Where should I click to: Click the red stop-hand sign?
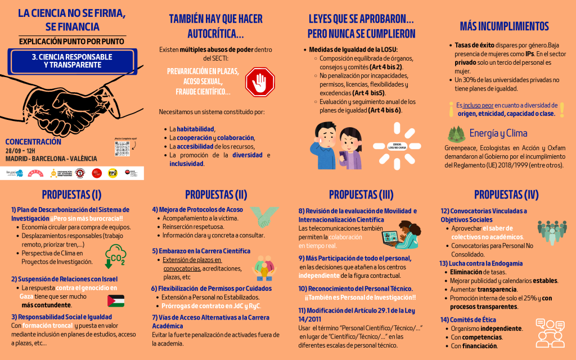260,82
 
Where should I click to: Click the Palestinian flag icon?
115,300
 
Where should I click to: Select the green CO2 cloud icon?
116,255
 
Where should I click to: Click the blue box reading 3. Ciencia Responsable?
72,61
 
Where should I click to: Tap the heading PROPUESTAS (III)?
361,195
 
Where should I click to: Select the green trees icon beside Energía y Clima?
456,133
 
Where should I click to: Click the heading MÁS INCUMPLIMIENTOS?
504,26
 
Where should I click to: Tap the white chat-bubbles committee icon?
550,332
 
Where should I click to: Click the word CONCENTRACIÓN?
33,142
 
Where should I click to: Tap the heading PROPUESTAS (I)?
72,195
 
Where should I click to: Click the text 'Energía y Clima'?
498,133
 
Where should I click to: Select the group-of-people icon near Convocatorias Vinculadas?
552,229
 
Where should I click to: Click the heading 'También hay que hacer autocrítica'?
216,26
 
